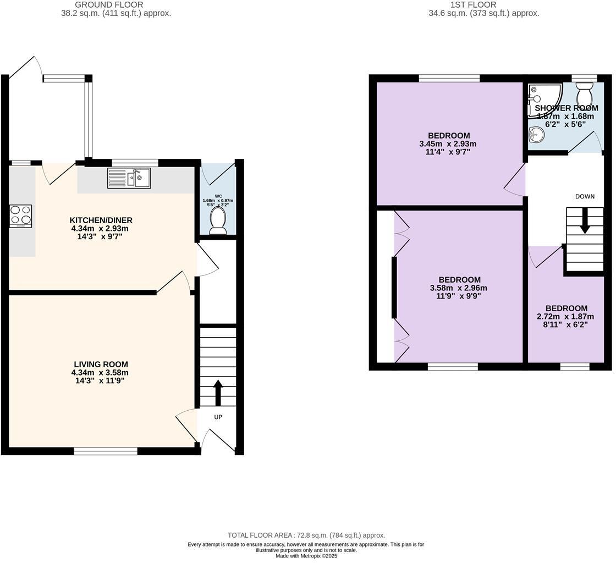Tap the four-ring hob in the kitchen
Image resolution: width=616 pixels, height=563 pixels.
[x=21, y=216]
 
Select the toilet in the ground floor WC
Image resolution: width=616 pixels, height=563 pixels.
[x=218, y=220]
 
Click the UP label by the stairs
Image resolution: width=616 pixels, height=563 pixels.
[x=218, y=417]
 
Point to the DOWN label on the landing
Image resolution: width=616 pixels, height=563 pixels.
[x=585, y=196]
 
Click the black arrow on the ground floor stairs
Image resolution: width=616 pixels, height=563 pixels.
[x=217, y=391]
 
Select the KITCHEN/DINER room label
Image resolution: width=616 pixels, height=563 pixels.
[x=102, y=220]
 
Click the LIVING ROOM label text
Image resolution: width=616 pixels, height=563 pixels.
[x=101, y=365]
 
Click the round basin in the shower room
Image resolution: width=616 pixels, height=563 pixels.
[x=536, y=134]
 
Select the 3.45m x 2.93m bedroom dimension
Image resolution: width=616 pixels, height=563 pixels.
[x=448, y=144]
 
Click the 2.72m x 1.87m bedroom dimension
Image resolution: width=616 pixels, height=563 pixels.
[x=565, y=317]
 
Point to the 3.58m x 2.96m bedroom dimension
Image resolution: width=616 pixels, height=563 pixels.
[x=458, y=288]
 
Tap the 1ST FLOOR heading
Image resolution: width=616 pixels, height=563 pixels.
[x=465, y=5]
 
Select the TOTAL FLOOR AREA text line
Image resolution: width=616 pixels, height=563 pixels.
[x=306, y=535]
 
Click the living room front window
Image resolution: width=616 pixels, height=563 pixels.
[x=106, y=451]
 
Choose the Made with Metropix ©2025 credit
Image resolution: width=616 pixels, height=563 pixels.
[x=306, y=556]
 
